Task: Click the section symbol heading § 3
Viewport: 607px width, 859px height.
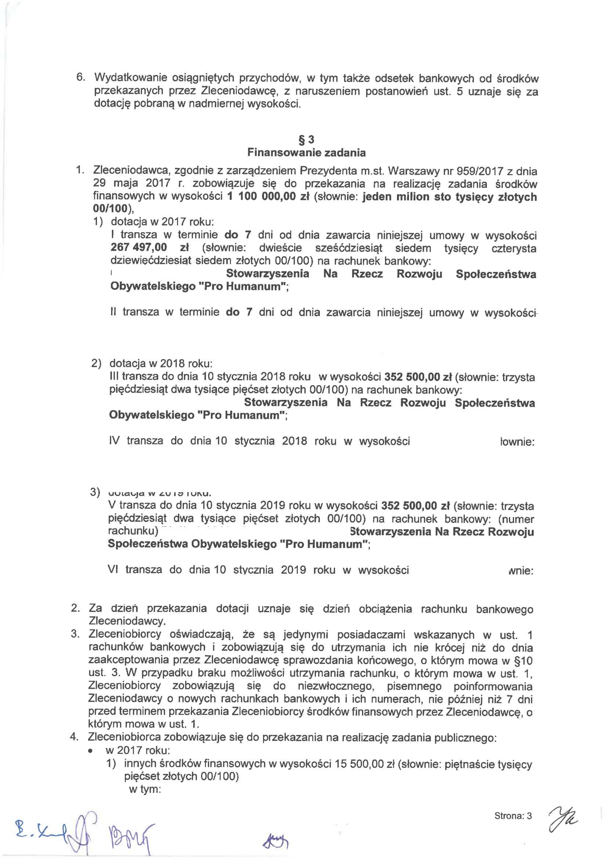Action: (306, 140)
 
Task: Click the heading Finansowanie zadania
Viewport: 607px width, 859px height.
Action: (306, 153)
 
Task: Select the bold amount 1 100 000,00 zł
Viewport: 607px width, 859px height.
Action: (268, 196)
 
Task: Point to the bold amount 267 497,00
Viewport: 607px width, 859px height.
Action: (138, 247)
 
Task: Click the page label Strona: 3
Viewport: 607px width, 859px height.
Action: (513, 816)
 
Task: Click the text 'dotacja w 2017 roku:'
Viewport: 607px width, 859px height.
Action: (162, 222)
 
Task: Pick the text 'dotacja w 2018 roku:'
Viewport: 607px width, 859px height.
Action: (161, 364)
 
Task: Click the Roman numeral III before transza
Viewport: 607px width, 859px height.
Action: (114, 376)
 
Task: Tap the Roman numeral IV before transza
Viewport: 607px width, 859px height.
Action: (114, 441)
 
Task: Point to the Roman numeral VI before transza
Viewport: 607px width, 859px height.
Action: (112, 569)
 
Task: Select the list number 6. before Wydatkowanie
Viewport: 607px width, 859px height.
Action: (81, 78)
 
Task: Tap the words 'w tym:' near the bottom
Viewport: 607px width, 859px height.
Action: (145, 790)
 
